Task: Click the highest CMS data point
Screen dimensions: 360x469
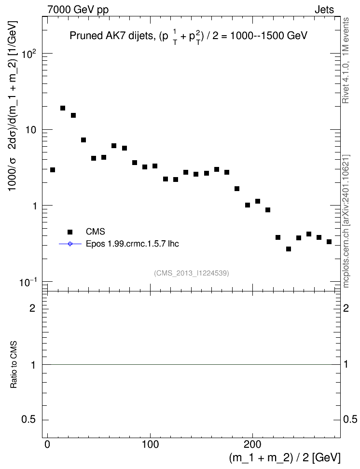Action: pyautogui.click(x=63, y=108)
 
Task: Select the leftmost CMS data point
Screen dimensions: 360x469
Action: pyautogui.click(x=53, y=170)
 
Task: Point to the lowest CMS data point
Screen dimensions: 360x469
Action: pyautogui.click(x=289, y=249)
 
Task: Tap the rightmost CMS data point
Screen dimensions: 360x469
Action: pyautogui.click(x=329, y=242)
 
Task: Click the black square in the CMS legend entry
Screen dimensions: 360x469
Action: pyautogui.click(x=70, y=232)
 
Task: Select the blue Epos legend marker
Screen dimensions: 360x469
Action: pyautogui.click(x=70, y=244)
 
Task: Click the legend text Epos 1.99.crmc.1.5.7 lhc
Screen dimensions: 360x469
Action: pyautogui.click(x=132, y=244)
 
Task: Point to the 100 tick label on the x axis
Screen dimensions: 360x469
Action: pyautogui.click(x=150, y=444)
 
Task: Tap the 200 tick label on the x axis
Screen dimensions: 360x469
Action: pyautogui.click(x=252, y=444)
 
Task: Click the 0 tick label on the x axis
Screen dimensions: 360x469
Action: pyautogui.click(x=47, y=444)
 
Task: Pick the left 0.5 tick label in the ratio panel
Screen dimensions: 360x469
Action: pyautogui.click(x=28, y=420)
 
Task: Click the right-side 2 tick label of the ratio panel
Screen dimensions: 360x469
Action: pyautogui.click(x=346, y=308)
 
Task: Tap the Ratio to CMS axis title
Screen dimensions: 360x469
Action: pyautogui.click(x=14, y=364)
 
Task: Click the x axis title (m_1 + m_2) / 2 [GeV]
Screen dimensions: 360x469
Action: pyautogui.click(x=285, y=457)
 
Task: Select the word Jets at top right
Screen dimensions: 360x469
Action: pyautogui.click(x=324, y=10)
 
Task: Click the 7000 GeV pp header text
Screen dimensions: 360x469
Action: pyautogui.click(x=78, y=10)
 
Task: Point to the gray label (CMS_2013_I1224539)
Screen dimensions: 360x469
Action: pyautogui.click(x=192, y=273)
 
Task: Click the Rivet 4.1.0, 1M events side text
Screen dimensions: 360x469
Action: pyautogui.click(x=346, y=60)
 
